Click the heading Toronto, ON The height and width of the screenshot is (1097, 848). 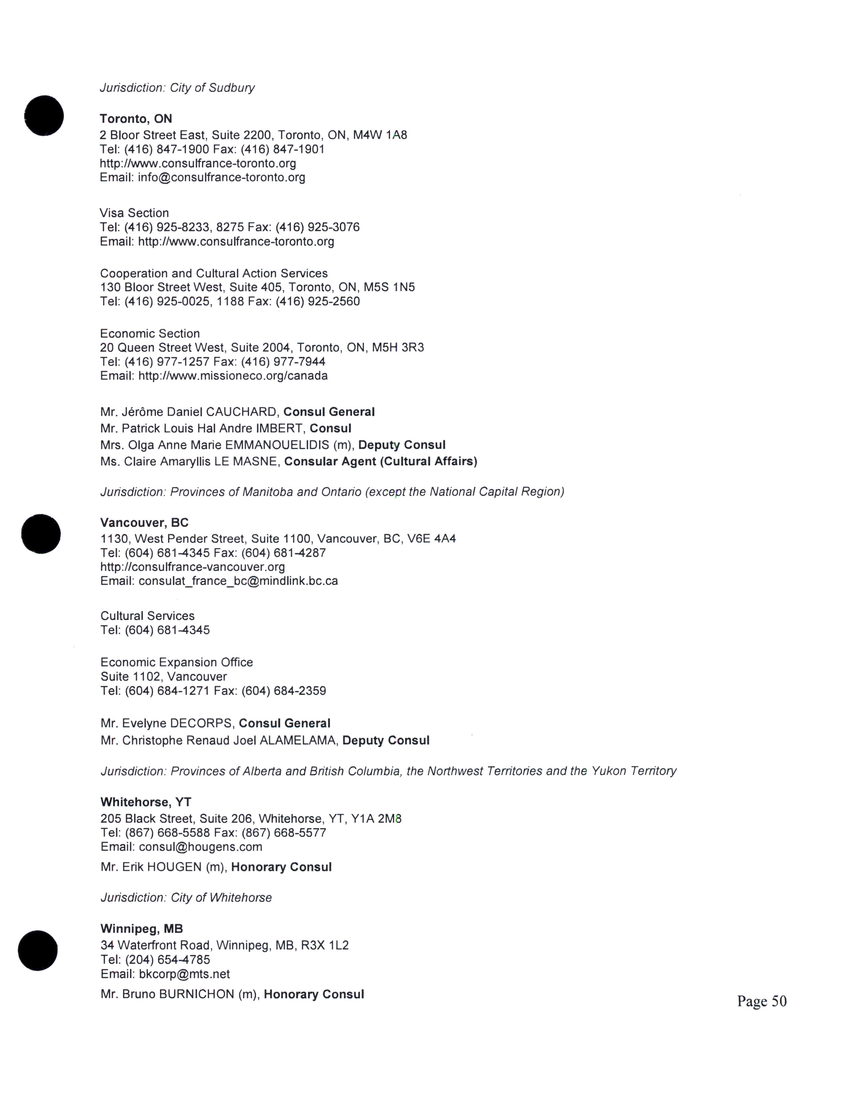tap(136, 119)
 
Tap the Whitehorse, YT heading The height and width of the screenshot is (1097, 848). tap(146, 802)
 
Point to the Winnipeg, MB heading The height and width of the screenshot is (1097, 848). tap(142, 929)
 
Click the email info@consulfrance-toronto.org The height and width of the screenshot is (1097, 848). tap(221, 177)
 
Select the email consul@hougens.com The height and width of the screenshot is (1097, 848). tap(201, 847)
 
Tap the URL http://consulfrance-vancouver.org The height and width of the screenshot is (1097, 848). tap(193, 567)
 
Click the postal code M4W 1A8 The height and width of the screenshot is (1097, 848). tap(380, 135)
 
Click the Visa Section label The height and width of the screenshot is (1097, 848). tap(134, 213)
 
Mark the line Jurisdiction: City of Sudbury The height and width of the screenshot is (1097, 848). tap(177, 88)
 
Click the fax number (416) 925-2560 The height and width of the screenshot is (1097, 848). tap(332, 302)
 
